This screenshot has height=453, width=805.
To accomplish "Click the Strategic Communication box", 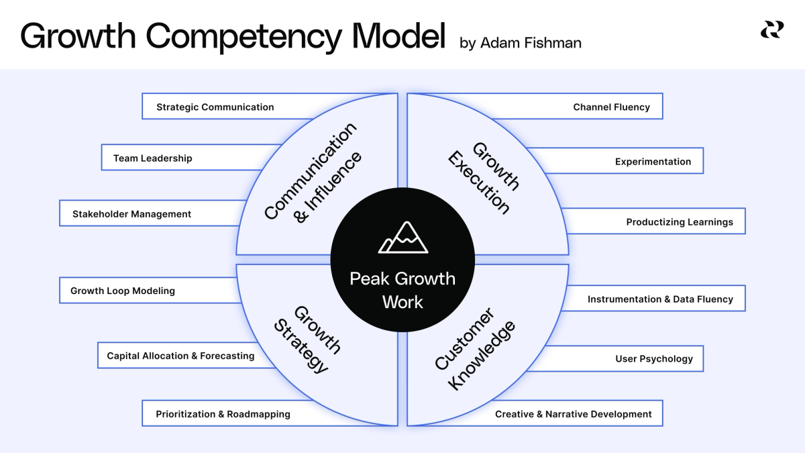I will pyautogui.click(x=215, y=107).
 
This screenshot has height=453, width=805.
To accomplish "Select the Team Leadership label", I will pyautogui.click(x=153, y=158).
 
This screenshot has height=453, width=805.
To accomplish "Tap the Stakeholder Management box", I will pyautogui.click(x=132, y=214).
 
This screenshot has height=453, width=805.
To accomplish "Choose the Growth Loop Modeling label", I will pyautogui.click(x=123, y=291).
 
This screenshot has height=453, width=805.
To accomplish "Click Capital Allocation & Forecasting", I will pyautogui.click(x=180, y=356).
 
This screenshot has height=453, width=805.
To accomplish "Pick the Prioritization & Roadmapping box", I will pyautogui.click(x=223, y=414).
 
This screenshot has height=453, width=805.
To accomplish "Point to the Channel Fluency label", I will pyautogui.click(x=611, y=107).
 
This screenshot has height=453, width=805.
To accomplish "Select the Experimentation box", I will pyautogui.click(x=652, y=162).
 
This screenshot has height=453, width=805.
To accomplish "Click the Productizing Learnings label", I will pyautogui.click(x=680, y=222).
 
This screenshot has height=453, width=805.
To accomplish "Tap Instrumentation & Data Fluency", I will pyautogui.click(x=660, y=299).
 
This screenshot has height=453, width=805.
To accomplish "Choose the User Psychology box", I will pyautogui.click(x=653, y=359).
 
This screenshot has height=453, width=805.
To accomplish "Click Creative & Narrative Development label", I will pyautogui.click(x=573, y=414).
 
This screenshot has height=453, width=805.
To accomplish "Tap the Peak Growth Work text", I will pyautogui.click(x=402, y=290).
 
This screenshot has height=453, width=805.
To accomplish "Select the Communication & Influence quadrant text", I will pyautogui.click(x=312, y=172).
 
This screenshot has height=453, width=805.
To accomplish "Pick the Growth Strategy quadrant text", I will pyautogui.click(x=308, y=339).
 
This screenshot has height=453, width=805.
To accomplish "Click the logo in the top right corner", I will pyautogui.click(x=771, y=30).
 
